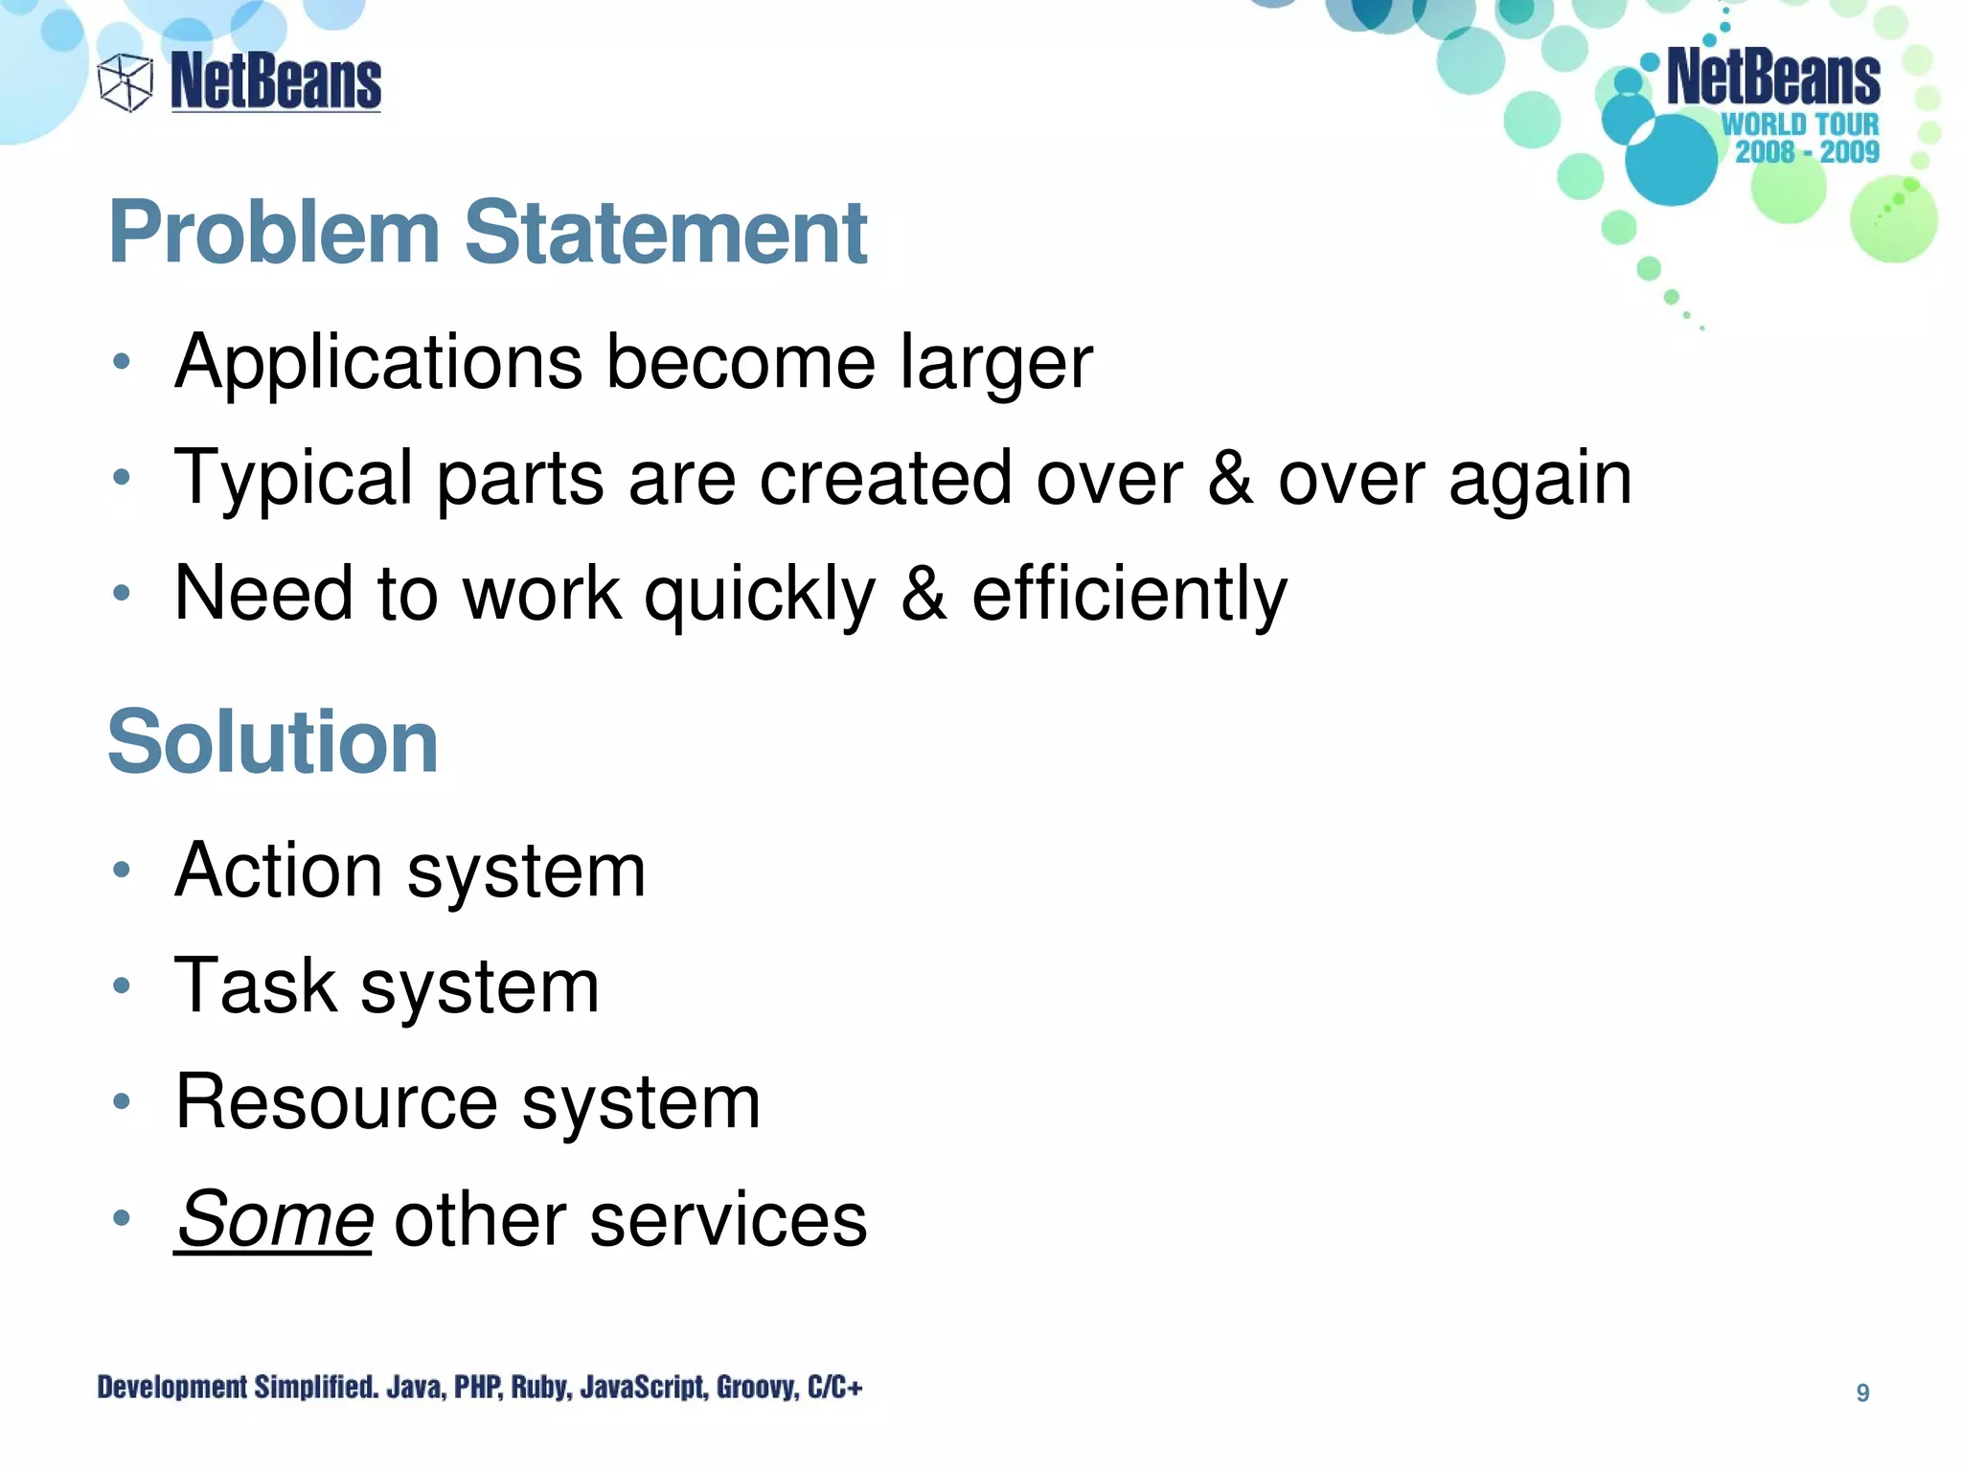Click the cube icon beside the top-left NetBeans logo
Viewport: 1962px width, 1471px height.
point(125,82)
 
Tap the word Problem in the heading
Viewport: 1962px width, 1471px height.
point(274,233)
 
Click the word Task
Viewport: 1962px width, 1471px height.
point(256,986)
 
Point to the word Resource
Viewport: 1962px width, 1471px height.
point(337,1102)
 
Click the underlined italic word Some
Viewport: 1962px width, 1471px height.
point(275,1219)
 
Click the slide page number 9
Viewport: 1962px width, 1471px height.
point(1862,1392)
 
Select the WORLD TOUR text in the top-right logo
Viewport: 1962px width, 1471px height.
point(1800,124)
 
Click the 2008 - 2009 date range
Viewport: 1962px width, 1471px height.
point(1807,151)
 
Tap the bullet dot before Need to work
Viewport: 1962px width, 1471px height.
point(121,594)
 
